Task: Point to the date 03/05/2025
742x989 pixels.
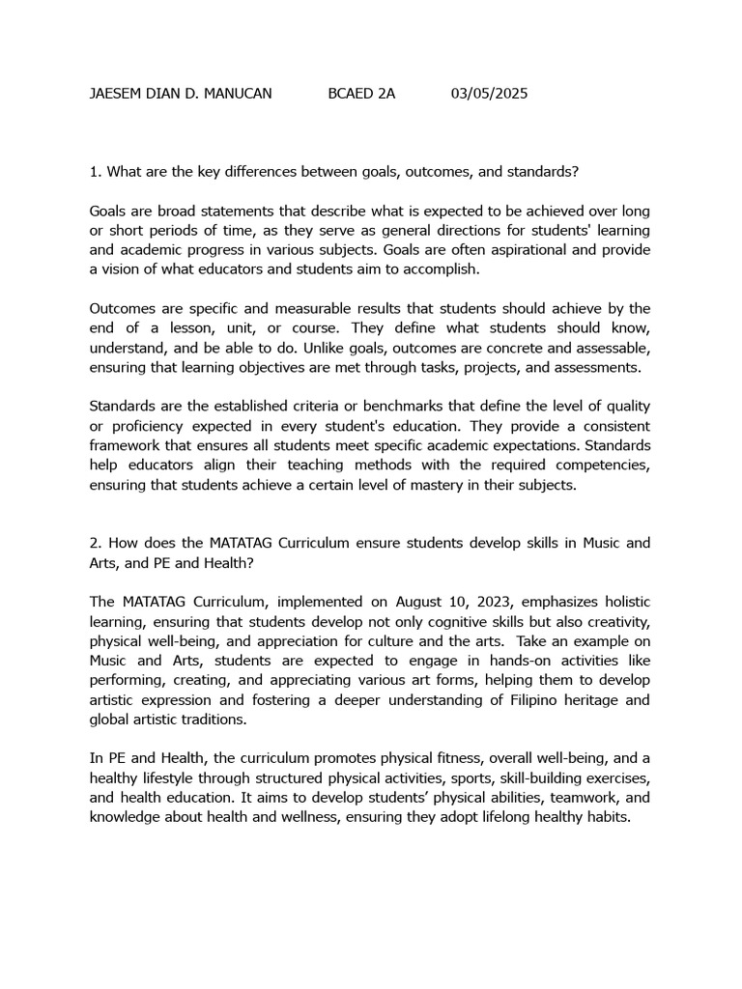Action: [489, 94]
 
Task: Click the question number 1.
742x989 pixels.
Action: [94, 172]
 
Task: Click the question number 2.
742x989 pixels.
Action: [94, 543]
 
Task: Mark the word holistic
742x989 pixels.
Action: [626, 602]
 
